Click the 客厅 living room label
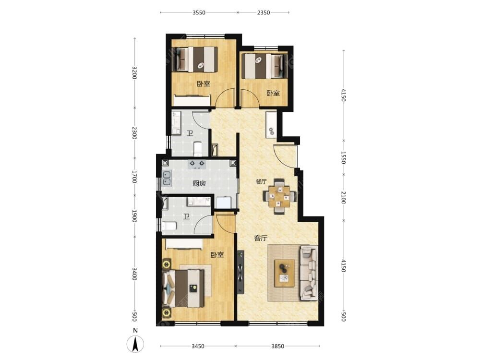(261, 238)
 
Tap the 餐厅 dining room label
(261, 181)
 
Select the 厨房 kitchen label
(199, 183)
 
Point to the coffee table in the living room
(284, 273)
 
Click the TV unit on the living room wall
(240, 272)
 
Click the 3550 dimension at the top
(199, 12)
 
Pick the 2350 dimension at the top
(264, 12)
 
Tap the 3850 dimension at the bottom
(277, 346)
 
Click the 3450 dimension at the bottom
(198, 346)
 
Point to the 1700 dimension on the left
(134, 177)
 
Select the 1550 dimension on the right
(344, 157)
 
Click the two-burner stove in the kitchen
(197, 164)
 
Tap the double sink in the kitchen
(167, 178)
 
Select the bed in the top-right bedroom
(264, 66)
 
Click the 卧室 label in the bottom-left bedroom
(217, 255)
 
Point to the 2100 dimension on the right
(344, 197)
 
